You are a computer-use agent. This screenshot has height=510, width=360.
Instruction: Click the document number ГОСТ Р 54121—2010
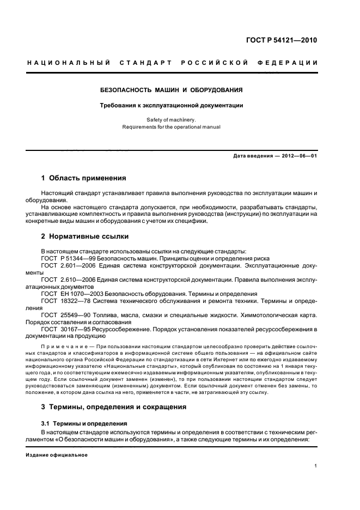click(x=281, y=40)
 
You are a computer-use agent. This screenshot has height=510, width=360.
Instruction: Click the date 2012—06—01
click(x=298, y=157)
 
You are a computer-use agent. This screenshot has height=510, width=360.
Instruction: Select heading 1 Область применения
click(x=84, y=178)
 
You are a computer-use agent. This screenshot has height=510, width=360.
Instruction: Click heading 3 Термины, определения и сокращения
click(x=114, y=406)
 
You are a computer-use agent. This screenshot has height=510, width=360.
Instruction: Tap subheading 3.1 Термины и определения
click(x=84, y=423)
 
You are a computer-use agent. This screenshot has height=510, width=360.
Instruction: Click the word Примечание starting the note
click(x=61, y=347)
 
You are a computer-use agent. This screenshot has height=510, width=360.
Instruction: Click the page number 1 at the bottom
click(x=316, y=465)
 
